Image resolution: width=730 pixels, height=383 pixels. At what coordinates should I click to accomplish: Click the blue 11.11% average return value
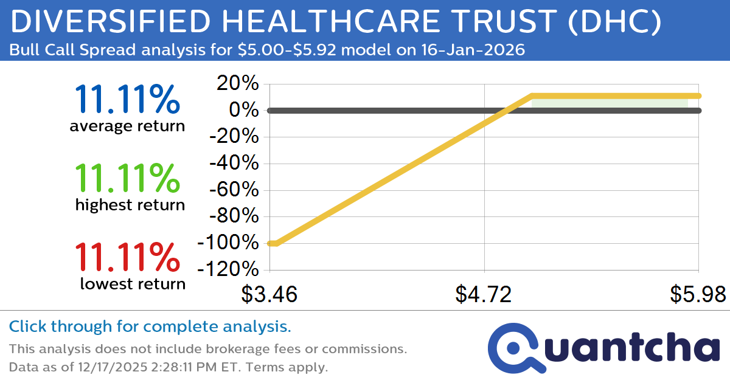tap(127, 100)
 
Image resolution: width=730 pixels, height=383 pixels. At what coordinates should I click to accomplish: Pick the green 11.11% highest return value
tap(127, 178)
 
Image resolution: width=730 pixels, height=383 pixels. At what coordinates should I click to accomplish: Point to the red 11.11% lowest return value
tap(127, 257)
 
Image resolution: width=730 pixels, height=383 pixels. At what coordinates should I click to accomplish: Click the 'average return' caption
tap(127, 126)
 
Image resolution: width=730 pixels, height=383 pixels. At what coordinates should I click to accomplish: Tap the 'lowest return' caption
tap(133, 283)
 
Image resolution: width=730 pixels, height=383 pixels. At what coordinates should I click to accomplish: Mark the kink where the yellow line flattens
tap(532, 95)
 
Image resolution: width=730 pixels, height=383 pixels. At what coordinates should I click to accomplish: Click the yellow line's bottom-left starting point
tap(271, 243)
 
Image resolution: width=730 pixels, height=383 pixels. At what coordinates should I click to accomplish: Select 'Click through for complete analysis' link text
tap(150, 326)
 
